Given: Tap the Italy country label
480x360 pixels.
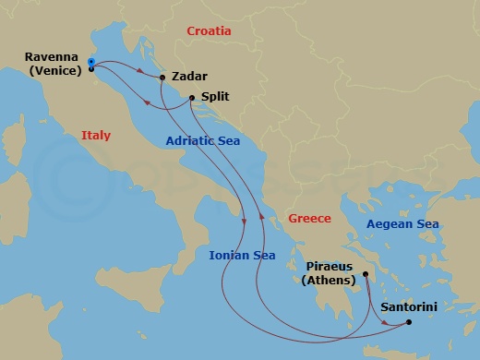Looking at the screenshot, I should pos(96,136).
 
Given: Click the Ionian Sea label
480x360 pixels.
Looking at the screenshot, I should pos(243,255).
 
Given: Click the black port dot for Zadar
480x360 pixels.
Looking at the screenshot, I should pos(162,78).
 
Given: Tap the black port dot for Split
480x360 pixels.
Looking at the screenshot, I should pos(191,98).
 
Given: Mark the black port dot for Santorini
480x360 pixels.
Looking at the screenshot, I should pos(409,322).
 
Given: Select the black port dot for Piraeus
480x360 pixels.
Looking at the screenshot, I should pos(366,273).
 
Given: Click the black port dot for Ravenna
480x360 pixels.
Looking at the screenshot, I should pos(91,68).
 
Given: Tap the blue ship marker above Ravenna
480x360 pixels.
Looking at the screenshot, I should pos(91,61).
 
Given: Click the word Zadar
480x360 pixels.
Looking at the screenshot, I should pos(189,78).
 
